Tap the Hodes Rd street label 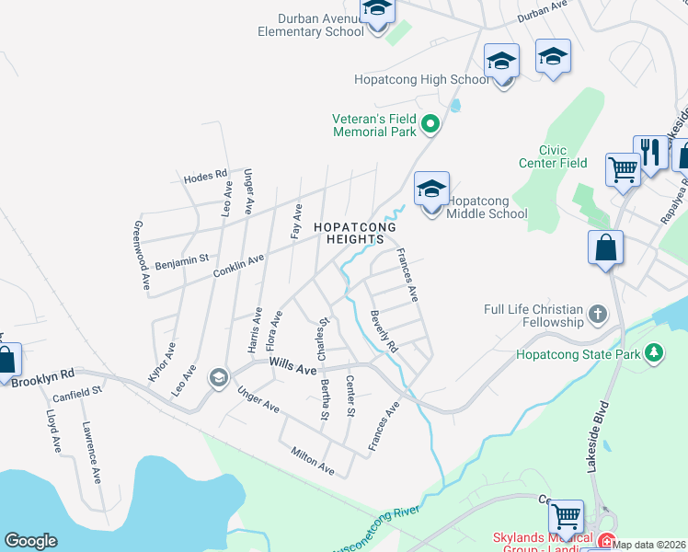point(204,176)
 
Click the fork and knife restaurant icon point(649,153)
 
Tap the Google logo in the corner point(31,541)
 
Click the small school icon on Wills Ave point(219,378)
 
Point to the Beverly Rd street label point(384,332)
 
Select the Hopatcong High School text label point(422,80)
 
